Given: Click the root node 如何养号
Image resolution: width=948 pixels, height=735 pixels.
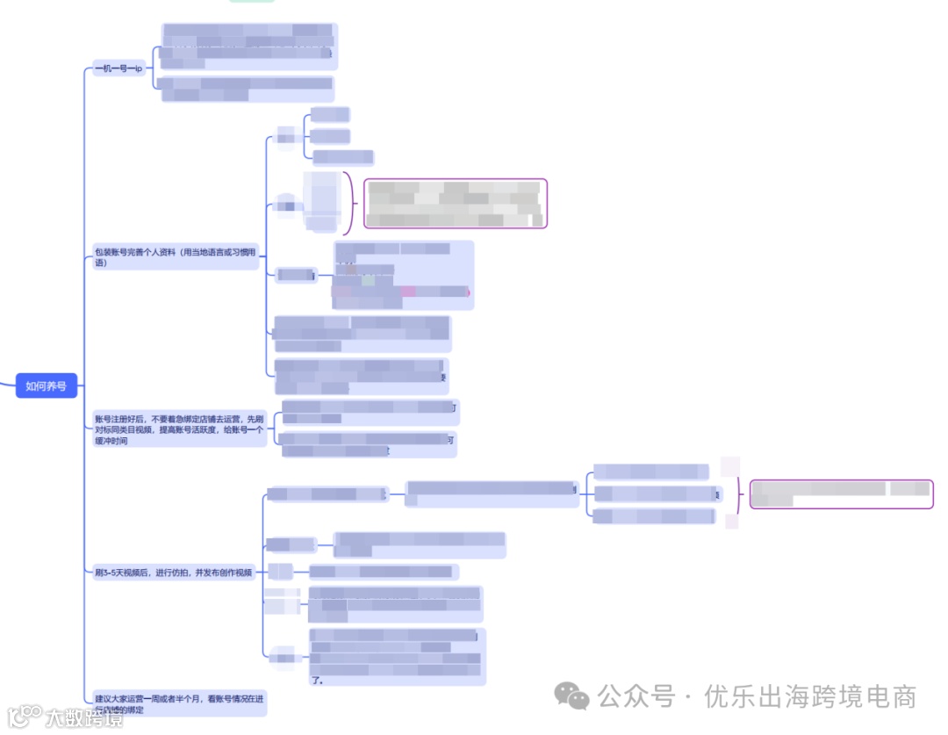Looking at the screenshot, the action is (46, 386).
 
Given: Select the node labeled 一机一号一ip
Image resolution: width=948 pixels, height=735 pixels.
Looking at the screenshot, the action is (118, 68).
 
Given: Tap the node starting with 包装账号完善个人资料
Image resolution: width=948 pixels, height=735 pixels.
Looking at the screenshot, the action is (176, 257).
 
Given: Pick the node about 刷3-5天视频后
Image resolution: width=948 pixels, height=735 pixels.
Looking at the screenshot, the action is (174, 573).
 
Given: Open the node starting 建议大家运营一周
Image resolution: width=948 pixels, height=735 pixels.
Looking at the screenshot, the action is (179, 703).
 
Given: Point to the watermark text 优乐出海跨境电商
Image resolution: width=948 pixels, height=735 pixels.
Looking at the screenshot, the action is (809, 697).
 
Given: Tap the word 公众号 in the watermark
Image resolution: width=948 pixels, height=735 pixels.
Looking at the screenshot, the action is (636, 697).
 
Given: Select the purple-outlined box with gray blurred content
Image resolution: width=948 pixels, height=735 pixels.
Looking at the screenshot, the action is (455, 204).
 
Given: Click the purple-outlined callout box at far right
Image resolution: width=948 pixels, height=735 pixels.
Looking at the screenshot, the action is (840, 494).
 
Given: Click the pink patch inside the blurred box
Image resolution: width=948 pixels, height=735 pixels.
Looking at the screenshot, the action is (408, 292).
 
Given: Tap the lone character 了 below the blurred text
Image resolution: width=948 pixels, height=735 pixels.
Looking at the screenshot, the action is (316, 680).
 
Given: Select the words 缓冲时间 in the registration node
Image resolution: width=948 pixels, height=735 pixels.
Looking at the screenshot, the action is (111, 442).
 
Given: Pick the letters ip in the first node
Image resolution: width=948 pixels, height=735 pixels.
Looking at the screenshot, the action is (138, 68).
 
